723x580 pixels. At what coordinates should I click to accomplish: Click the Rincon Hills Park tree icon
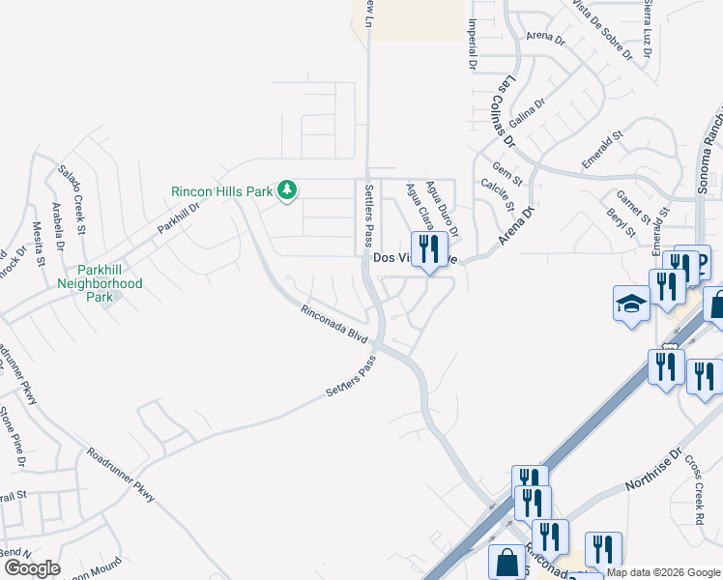pos(286,190)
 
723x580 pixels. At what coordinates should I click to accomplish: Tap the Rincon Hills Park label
pos(222,191)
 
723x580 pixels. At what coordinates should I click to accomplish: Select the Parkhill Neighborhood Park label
pos(99,276)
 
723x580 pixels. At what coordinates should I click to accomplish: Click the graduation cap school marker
pos(631,304)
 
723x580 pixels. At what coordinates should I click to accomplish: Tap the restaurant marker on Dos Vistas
pos(428,249)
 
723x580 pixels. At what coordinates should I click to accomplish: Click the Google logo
pos(32,567)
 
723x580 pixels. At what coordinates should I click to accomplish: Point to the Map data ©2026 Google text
pos(664,573)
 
